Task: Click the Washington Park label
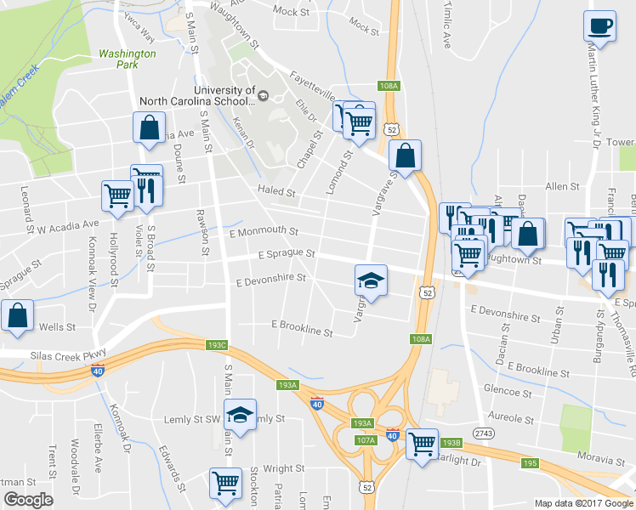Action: click(x=128, y=59)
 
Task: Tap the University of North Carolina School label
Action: click(x=224, y=95)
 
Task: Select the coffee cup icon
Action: click(x=599, y=26)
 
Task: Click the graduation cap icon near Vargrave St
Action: click(x=371, y=279)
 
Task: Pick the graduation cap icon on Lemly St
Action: click(x=241, y=416)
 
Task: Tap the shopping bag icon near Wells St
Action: click(x=17, y=315)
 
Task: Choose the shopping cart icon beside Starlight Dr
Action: click(x=422, y=443)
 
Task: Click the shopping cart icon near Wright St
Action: click(x=226, y=484)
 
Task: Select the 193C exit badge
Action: click(x=218, y=345)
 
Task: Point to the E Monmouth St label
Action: click(x=264, y=231)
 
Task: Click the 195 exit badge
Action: click(x=530, y=462)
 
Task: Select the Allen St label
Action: click(x=562, y=185)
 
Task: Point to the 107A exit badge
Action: click(x=366, y=440)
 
